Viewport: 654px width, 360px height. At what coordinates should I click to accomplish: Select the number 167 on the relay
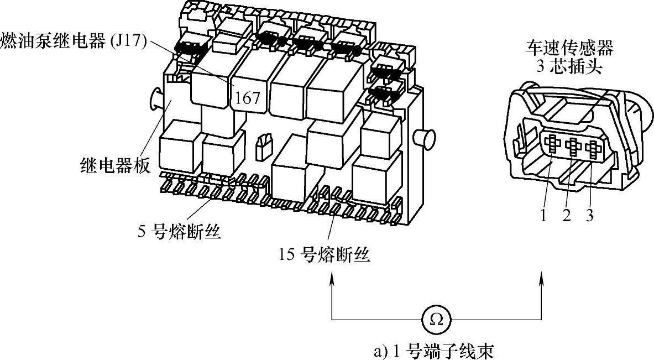tap(247, 98)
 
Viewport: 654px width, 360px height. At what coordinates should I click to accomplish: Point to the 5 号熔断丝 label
tap(179, 232)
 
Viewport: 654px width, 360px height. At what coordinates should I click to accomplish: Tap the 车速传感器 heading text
tap(568, 48)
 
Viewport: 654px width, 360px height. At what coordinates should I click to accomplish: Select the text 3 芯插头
tap(568, 67)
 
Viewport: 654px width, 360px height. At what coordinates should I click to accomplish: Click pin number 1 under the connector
tap(544, 216)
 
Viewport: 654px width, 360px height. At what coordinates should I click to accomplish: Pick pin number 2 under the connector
tap(566, 216)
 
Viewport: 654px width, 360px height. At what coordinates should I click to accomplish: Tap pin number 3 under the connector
tap(589, 216)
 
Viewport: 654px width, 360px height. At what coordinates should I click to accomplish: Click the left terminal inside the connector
tap(553, 147)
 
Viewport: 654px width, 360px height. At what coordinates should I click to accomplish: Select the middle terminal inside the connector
tap(574, 148)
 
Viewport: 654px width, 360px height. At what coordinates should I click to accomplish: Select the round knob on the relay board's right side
tap(427, 138)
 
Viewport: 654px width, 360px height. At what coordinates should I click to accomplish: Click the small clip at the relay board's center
tap(263, 145)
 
